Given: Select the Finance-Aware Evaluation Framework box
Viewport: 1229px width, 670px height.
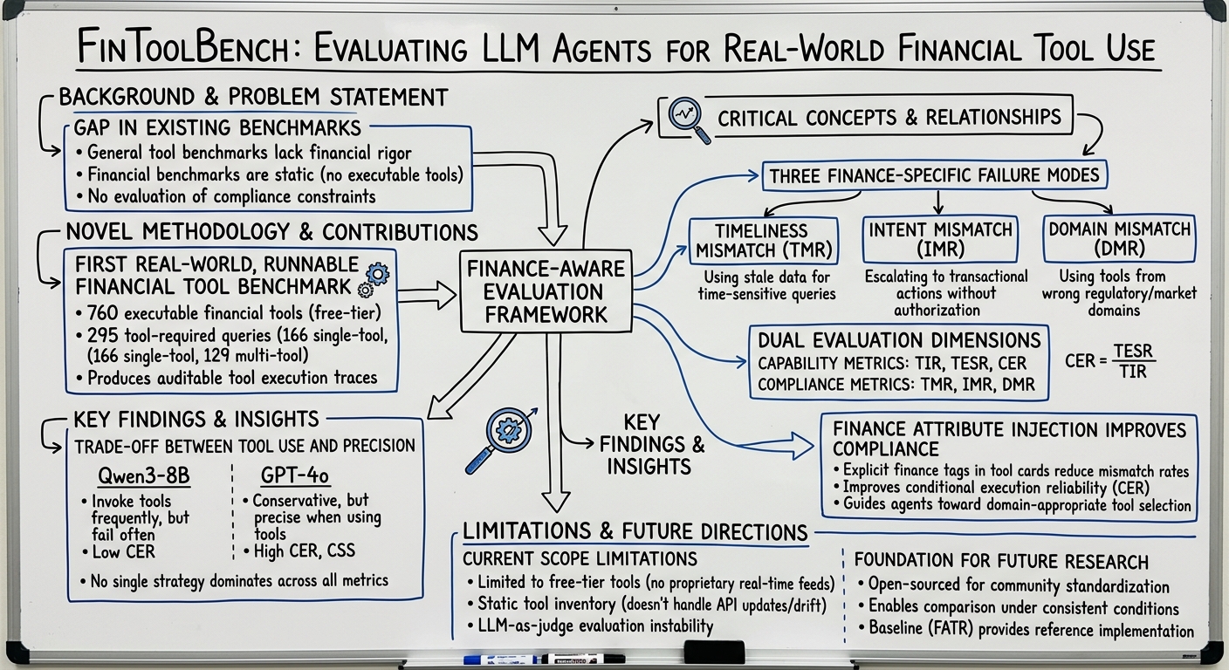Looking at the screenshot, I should point(546,291).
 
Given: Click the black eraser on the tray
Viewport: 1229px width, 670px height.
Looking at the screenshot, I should point(713,653).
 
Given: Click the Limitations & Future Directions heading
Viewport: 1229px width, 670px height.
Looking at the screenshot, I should point(635,531).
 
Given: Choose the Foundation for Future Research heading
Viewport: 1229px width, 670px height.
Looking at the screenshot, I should point(1000,561).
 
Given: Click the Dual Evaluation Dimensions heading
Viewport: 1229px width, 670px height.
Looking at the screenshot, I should point(899,339).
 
